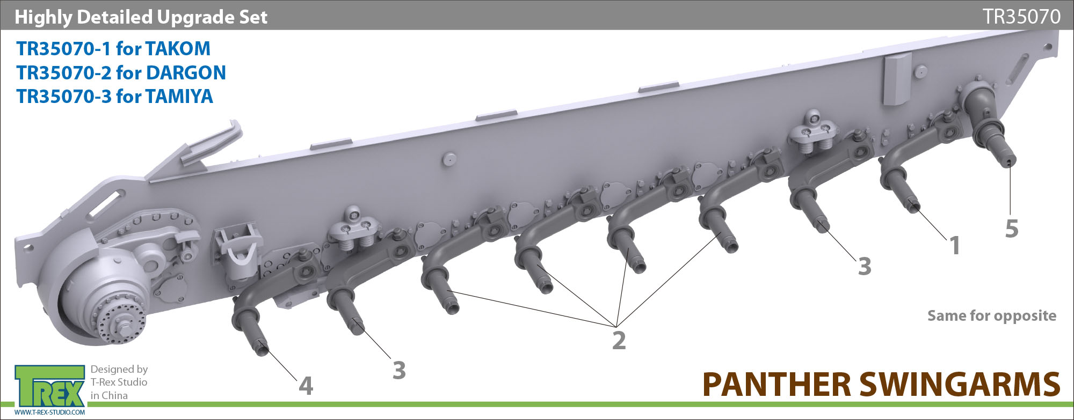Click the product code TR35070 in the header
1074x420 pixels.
coord(1021,17)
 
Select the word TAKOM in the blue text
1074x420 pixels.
coord(178,49)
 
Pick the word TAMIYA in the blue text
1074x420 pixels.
coord(179,97)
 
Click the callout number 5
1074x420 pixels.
coord(1012,229)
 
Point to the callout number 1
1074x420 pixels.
coord(955,246)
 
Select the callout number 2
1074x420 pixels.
coord(619,341)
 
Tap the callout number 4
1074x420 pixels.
coord(306,386)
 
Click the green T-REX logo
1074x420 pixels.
coord(50,386)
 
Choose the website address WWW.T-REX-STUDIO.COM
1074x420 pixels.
coord(50,412)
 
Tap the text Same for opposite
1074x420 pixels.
coord(992,316)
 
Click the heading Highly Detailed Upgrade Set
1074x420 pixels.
coord(141,17)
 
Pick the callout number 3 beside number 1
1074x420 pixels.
coord(865,266)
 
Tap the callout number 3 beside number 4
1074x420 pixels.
coord(399,370)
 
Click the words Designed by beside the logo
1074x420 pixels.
coord(119,369)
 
